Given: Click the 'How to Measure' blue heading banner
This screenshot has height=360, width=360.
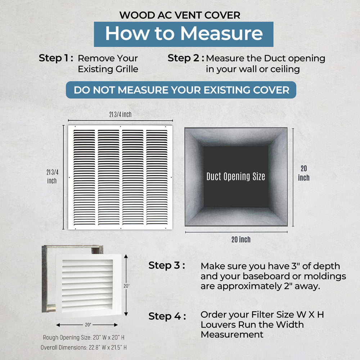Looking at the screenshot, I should [x=184, y=34].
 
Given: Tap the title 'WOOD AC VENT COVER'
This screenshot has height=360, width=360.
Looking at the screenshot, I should [x=180, y=15].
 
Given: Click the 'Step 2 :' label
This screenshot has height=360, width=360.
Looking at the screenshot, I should [x=186, y=58].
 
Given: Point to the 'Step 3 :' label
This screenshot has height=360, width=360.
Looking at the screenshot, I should [x=167, y=266].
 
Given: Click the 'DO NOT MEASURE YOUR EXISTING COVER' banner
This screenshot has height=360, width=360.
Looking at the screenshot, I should [x=181, y=90].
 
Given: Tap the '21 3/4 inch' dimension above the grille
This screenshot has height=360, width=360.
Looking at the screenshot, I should [x=120, y=114].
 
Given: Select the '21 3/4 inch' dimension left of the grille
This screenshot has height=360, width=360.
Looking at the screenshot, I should [x=52, y=176].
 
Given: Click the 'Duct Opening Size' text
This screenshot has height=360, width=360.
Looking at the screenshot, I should [x=236, y=177].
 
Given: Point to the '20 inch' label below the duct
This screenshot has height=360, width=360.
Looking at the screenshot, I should [x=241, y=239].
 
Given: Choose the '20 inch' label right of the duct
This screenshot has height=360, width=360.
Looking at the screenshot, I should [x=303, y=173].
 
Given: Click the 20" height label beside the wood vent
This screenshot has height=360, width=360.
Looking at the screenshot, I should [x=126, y=286].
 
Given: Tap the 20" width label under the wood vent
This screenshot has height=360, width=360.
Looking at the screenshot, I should [x=88, y=325].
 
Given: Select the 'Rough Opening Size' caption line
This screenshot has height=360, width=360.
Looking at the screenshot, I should [x=84, y=338].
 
